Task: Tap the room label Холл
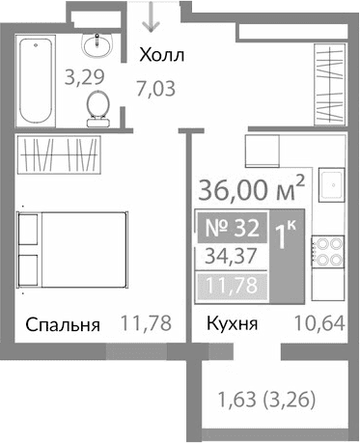click(x=161, y=54)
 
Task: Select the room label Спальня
click(x=64, y=324)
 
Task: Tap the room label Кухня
click(x=231, y=324)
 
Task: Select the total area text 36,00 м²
click(x=253, y=184)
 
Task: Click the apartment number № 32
click(x=230, y=229)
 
